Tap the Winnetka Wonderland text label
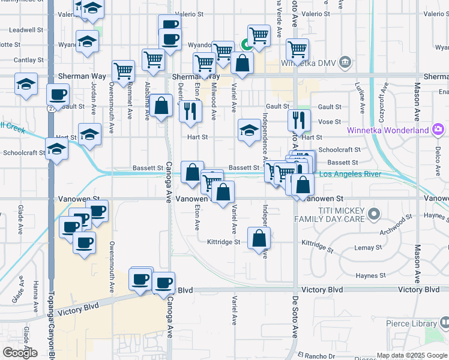tap(387, 130)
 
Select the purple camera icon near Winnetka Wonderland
tap(439, 130)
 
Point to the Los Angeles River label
tap(350, 174)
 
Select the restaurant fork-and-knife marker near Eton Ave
tap(190, 111)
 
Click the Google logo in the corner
tap(20, 352)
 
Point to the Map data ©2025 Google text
tap(412, 355)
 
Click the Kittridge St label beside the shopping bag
tap(223, 242)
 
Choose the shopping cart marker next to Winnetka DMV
tap(297, 49)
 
